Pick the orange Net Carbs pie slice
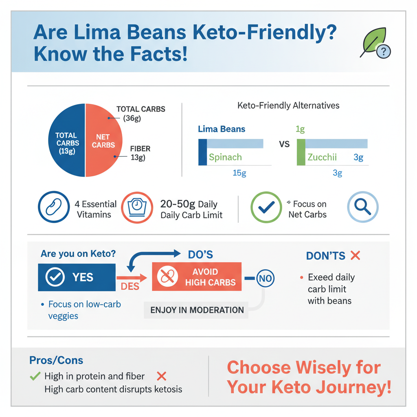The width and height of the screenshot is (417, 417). point(103,140)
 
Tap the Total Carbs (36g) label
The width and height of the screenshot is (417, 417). point(140,114)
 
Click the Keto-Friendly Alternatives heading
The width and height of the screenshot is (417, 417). point(288,105)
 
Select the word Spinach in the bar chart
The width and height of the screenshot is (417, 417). point(225,157)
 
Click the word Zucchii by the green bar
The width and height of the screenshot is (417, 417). point(322,157)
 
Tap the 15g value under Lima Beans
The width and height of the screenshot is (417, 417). point(239,173)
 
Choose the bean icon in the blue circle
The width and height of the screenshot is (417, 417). point(54,207)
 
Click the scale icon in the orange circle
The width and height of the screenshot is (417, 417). point(137,207)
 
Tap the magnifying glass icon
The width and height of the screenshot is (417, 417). point(362,207)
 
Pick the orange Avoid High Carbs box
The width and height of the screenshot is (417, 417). point(196,277)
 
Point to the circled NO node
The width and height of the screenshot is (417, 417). point(265,279)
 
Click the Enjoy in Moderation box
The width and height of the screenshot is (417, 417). point(197,310)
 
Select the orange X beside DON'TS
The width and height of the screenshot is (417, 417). point(355,256)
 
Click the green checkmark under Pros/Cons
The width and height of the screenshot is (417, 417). point(35,376)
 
